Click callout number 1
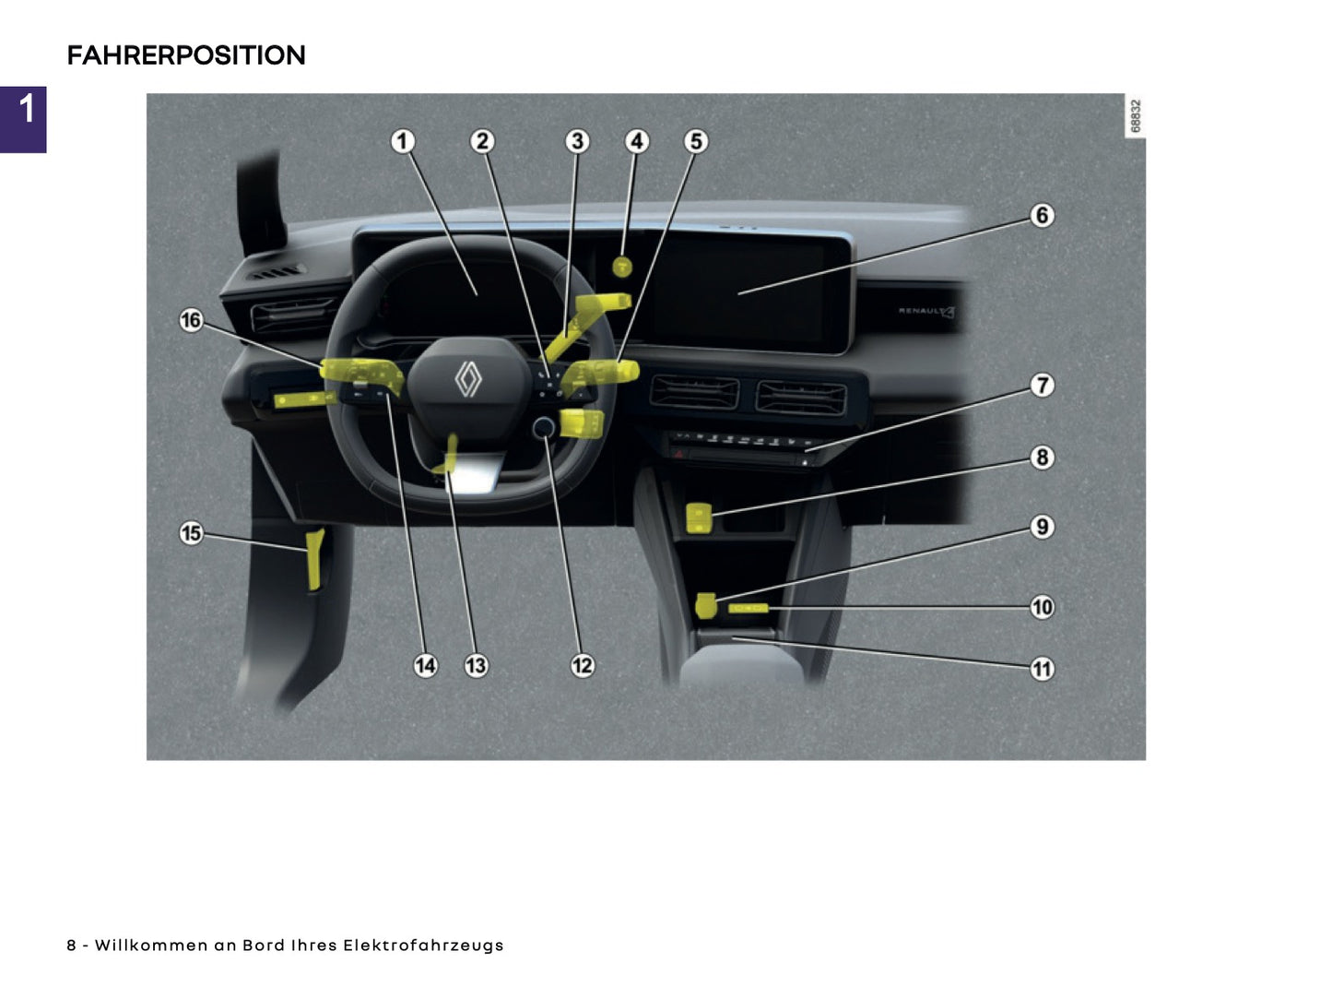tap(402, 141)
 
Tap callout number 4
tap(636, 141)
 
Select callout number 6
tap(1042, 215)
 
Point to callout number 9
tap(1042, 527)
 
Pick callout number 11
tap(1042, 669)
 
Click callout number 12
tap(583, 665)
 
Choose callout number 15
tap(191, 533)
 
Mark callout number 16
tap(191, 320)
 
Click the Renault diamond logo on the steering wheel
tap(468, 379)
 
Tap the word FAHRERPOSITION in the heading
tap(185, 55)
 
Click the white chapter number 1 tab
tap(26, 109)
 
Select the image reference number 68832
tap(1135, 116)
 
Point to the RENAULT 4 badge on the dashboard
tap(925, 312)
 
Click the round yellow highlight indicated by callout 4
tap(623, 268)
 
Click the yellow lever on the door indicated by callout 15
tap(314, 560)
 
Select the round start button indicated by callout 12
tap(544, 426)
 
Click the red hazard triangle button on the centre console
tap(680, 454)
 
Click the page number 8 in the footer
tap(71, 945)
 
